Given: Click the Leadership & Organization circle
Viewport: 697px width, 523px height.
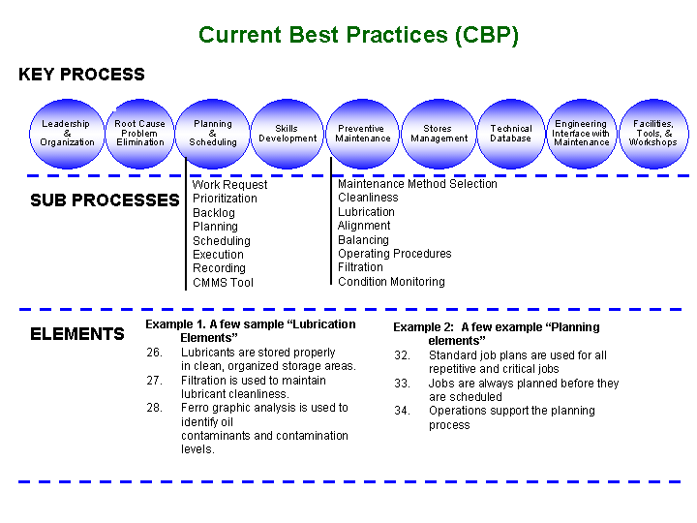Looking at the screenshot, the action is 67,134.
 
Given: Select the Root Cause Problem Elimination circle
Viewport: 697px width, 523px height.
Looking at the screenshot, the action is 139,134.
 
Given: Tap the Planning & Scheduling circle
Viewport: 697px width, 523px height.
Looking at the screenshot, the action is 212,134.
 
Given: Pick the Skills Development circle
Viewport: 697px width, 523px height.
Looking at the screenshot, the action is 288,134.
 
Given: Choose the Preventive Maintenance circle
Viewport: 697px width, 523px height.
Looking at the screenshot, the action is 362,134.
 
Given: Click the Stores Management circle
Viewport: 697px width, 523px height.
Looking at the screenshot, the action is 439,134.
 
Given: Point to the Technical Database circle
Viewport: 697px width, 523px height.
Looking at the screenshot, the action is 511,134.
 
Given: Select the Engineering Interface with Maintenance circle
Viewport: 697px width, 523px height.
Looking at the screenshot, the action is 582,134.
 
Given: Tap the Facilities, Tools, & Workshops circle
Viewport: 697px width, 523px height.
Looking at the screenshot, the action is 653,134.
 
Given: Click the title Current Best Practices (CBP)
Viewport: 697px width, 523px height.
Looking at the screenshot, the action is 358,35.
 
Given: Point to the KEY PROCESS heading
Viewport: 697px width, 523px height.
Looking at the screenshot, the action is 81,75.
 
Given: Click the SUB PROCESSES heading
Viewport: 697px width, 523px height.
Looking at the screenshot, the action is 105,200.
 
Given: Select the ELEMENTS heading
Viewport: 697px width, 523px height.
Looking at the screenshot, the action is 77,334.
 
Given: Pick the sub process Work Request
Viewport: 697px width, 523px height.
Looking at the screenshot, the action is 229,185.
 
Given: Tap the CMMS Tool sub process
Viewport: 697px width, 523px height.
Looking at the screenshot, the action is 224,283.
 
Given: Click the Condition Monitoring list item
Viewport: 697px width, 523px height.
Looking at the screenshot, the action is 391,282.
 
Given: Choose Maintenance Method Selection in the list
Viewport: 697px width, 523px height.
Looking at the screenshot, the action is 417,184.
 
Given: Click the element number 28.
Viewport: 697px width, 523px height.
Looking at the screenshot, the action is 154,408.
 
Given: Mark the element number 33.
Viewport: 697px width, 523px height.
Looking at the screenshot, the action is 402,384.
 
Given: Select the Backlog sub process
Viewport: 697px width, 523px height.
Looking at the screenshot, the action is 214,212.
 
